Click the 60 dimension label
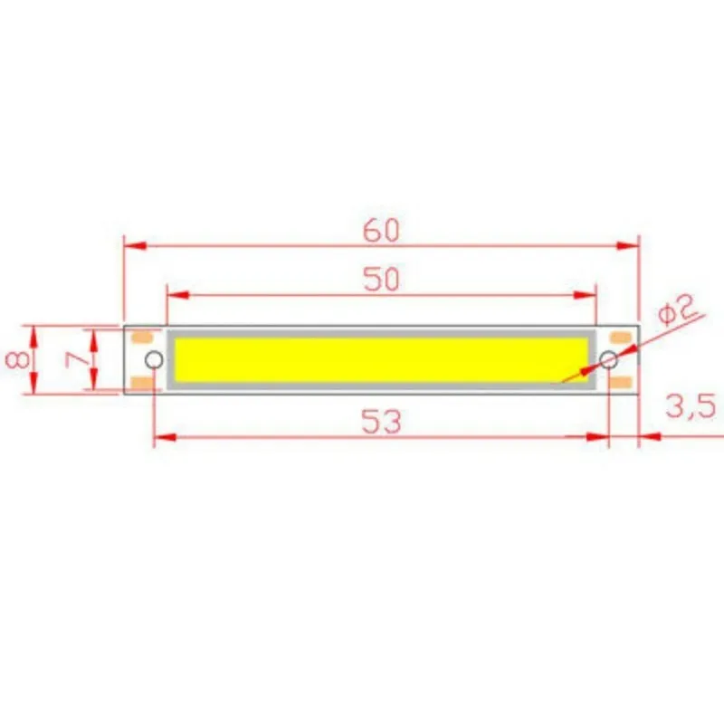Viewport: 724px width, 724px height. point(381,231)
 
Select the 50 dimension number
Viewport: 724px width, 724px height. point(381,280)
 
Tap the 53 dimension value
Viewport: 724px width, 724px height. point(381,422)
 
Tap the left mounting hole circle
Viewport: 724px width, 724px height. point(155,360)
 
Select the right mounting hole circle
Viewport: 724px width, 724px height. point(609,361)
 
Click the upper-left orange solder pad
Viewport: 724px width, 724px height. point(142,338)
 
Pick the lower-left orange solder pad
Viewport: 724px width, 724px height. point(142,383)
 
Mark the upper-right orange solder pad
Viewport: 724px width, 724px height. point(621,338)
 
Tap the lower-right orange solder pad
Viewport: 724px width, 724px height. point(621,383)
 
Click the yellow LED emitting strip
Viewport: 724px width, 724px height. point(380,360)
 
